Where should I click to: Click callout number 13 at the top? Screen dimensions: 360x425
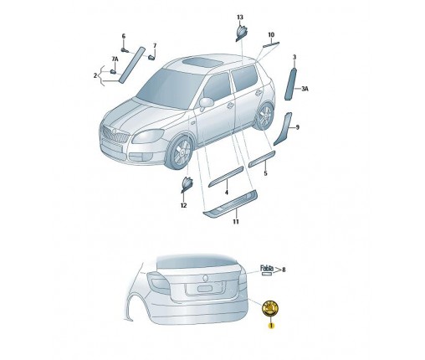[x=239, y=18]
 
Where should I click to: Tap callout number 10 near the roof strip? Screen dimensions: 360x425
[x=270, y=35]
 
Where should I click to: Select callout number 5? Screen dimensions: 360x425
[x=264, y=173]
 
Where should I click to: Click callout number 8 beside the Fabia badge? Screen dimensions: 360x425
[x=284, y=270]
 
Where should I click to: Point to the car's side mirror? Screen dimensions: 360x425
[x=206, y=103]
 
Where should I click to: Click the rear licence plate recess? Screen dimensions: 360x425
[x=204, y=288]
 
